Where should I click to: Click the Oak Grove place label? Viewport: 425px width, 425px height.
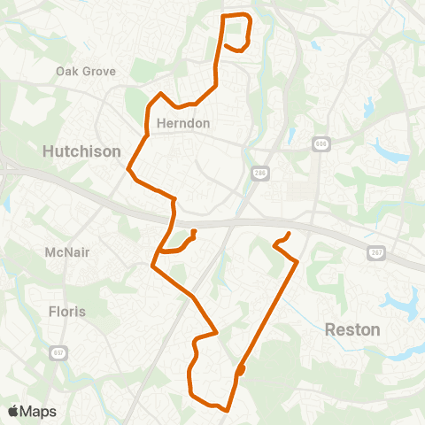click(86, 71)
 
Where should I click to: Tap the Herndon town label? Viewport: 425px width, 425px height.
click(182, 123)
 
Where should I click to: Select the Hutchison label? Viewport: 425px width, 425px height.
click(81, 152)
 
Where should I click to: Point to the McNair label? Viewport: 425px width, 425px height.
click(68, 252)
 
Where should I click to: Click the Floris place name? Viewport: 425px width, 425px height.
click(67, 311)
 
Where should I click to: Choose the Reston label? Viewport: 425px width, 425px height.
click(352, 329)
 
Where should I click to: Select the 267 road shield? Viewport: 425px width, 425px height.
click(376, 252)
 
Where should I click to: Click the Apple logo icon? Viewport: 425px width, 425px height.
click(13, 411)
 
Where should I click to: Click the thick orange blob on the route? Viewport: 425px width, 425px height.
click(241, 370)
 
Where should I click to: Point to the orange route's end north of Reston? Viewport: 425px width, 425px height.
click(290, 235)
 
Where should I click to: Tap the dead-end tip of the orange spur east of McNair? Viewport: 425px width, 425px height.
click(193, 233)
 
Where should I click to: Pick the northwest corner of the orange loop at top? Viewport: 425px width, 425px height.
click(222, 17)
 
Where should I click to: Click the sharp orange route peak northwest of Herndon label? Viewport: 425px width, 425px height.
click(160, 93)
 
